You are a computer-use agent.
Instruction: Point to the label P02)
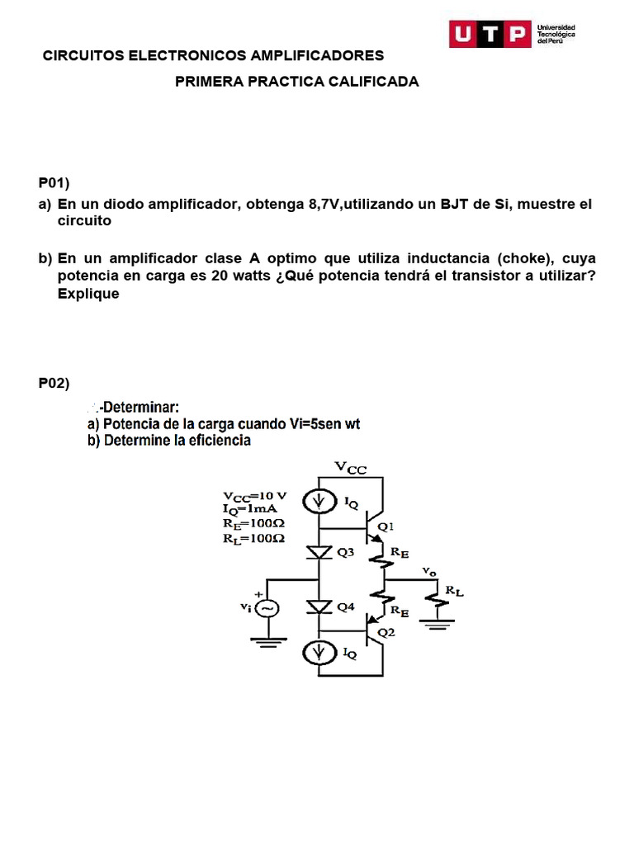click(x=55, y=383)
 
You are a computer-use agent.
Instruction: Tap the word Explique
click(x=88, y=294)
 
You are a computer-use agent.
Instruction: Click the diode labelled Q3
click(x=319, y=552)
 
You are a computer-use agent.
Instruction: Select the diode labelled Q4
click(x=319, y=607)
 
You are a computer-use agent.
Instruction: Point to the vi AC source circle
click(x=267, y=608)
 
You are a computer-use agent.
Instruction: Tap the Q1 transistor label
click(x=386, y=526)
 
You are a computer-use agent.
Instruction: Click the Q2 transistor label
click(x=386, y=633)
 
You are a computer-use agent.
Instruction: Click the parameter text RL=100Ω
click(x=254, y=538)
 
